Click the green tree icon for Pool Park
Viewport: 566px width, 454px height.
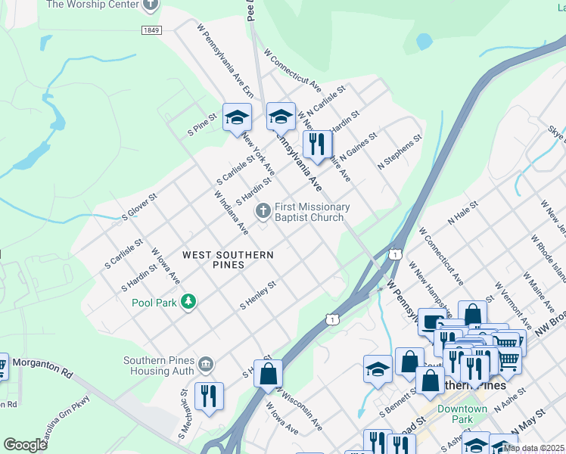pos(188,303)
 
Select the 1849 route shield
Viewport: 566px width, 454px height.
pos(151,30)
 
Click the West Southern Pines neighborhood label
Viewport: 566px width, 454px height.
pos(228,260)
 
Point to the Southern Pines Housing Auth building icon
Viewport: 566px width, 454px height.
pos(205,366)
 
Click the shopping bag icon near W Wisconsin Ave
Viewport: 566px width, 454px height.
pos(268,374)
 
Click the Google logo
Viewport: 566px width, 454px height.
pos(25,445)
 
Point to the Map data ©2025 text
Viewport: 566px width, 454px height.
pos(533,448)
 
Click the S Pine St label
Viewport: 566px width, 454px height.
pos(202,125)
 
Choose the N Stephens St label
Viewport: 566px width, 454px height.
pos(402,154)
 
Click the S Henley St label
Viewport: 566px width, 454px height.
pos(258,296)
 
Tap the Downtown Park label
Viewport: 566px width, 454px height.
pos(462,414)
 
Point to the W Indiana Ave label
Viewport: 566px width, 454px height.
pos(232,215)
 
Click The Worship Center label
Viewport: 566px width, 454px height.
pos(92,5)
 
